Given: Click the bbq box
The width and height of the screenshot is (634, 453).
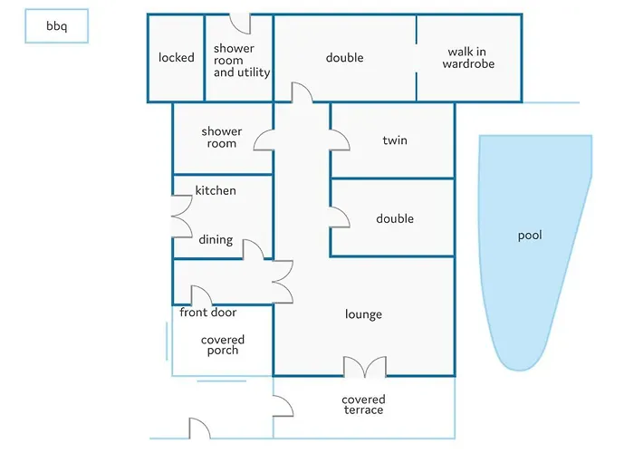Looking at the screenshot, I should tap(56, 28).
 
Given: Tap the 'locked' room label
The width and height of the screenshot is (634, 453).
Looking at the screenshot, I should tap(177, 58).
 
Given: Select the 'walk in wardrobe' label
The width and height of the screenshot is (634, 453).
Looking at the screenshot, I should tap(468, 58).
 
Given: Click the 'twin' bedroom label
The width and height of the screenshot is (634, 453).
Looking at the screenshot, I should tap(395, 140).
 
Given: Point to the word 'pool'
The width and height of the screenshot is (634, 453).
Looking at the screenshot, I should tap(530, 236).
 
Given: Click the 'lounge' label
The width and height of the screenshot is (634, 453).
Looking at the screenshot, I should tap(363, 314).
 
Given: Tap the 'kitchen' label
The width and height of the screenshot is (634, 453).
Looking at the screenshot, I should tap(216, 190).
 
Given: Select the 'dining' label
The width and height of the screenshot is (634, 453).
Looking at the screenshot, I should tap(216, 240).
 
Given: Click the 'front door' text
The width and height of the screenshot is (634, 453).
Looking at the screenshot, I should tap(207, 313).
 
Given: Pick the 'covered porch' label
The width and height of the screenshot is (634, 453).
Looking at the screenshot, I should tap(223, 345).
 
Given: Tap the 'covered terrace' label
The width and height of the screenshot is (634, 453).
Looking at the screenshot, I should tap(363, 405).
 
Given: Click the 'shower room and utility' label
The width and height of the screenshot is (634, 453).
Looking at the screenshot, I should tap(240, 60).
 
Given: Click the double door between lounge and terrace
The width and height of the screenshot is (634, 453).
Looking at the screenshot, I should tap(364, 366).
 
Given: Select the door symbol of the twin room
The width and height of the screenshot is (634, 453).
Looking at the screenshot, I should tap(340, 140).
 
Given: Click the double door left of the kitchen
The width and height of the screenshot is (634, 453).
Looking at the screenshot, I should tap(181, 217).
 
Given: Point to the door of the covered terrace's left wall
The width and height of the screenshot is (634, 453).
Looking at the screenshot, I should tap(283, 406).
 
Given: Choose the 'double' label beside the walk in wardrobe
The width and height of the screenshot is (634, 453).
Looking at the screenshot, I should tap(344, 58).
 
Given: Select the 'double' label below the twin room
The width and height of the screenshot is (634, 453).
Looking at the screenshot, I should tap(395, 218).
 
